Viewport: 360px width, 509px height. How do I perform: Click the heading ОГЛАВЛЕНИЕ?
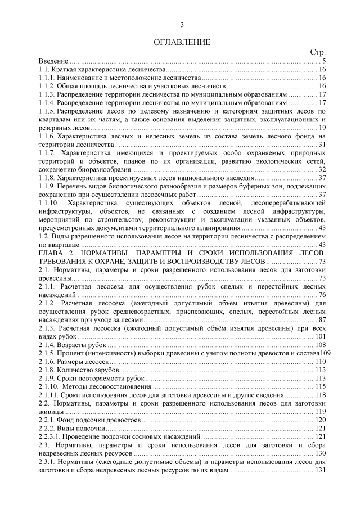(182, 42)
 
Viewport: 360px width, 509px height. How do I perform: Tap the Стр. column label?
(317, 52)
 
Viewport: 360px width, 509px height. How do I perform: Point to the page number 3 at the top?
(182, 25)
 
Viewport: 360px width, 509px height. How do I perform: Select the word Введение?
(52, 60)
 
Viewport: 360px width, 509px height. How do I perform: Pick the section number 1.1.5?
(47, 111)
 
